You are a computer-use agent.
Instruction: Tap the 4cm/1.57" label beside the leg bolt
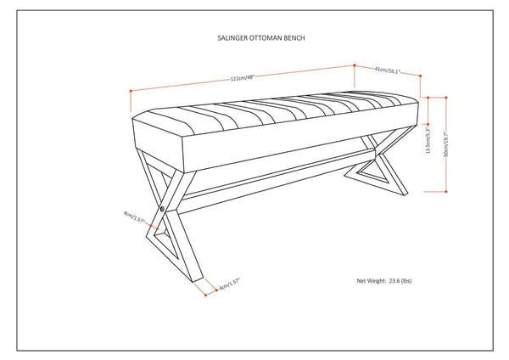click(x=135, y=219)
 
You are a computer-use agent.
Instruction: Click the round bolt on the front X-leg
click(x=162, y=206)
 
